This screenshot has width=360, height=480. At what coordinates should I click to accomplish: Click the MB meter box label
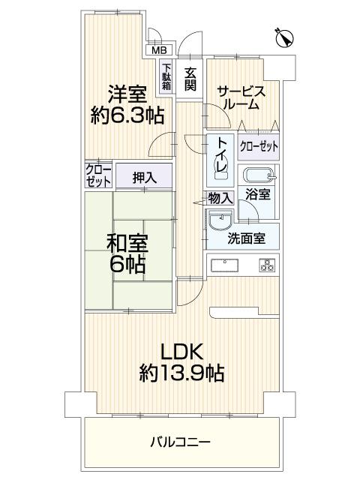[160, 50]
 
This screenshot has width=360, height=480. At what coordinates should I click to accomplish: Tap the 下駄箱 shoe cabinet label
[166, 76]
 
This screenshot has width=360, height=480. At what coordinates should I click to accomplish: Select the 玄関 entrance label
[190, 78]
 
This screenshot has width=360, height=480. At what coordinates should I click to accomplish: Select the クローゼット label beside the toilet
[257, 145]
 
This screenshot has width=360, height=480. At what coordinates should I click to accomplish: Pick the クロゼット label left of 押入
[97, 175]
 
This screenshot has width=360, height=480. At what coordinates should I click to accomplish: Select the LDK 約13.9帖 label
[182, 360]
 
